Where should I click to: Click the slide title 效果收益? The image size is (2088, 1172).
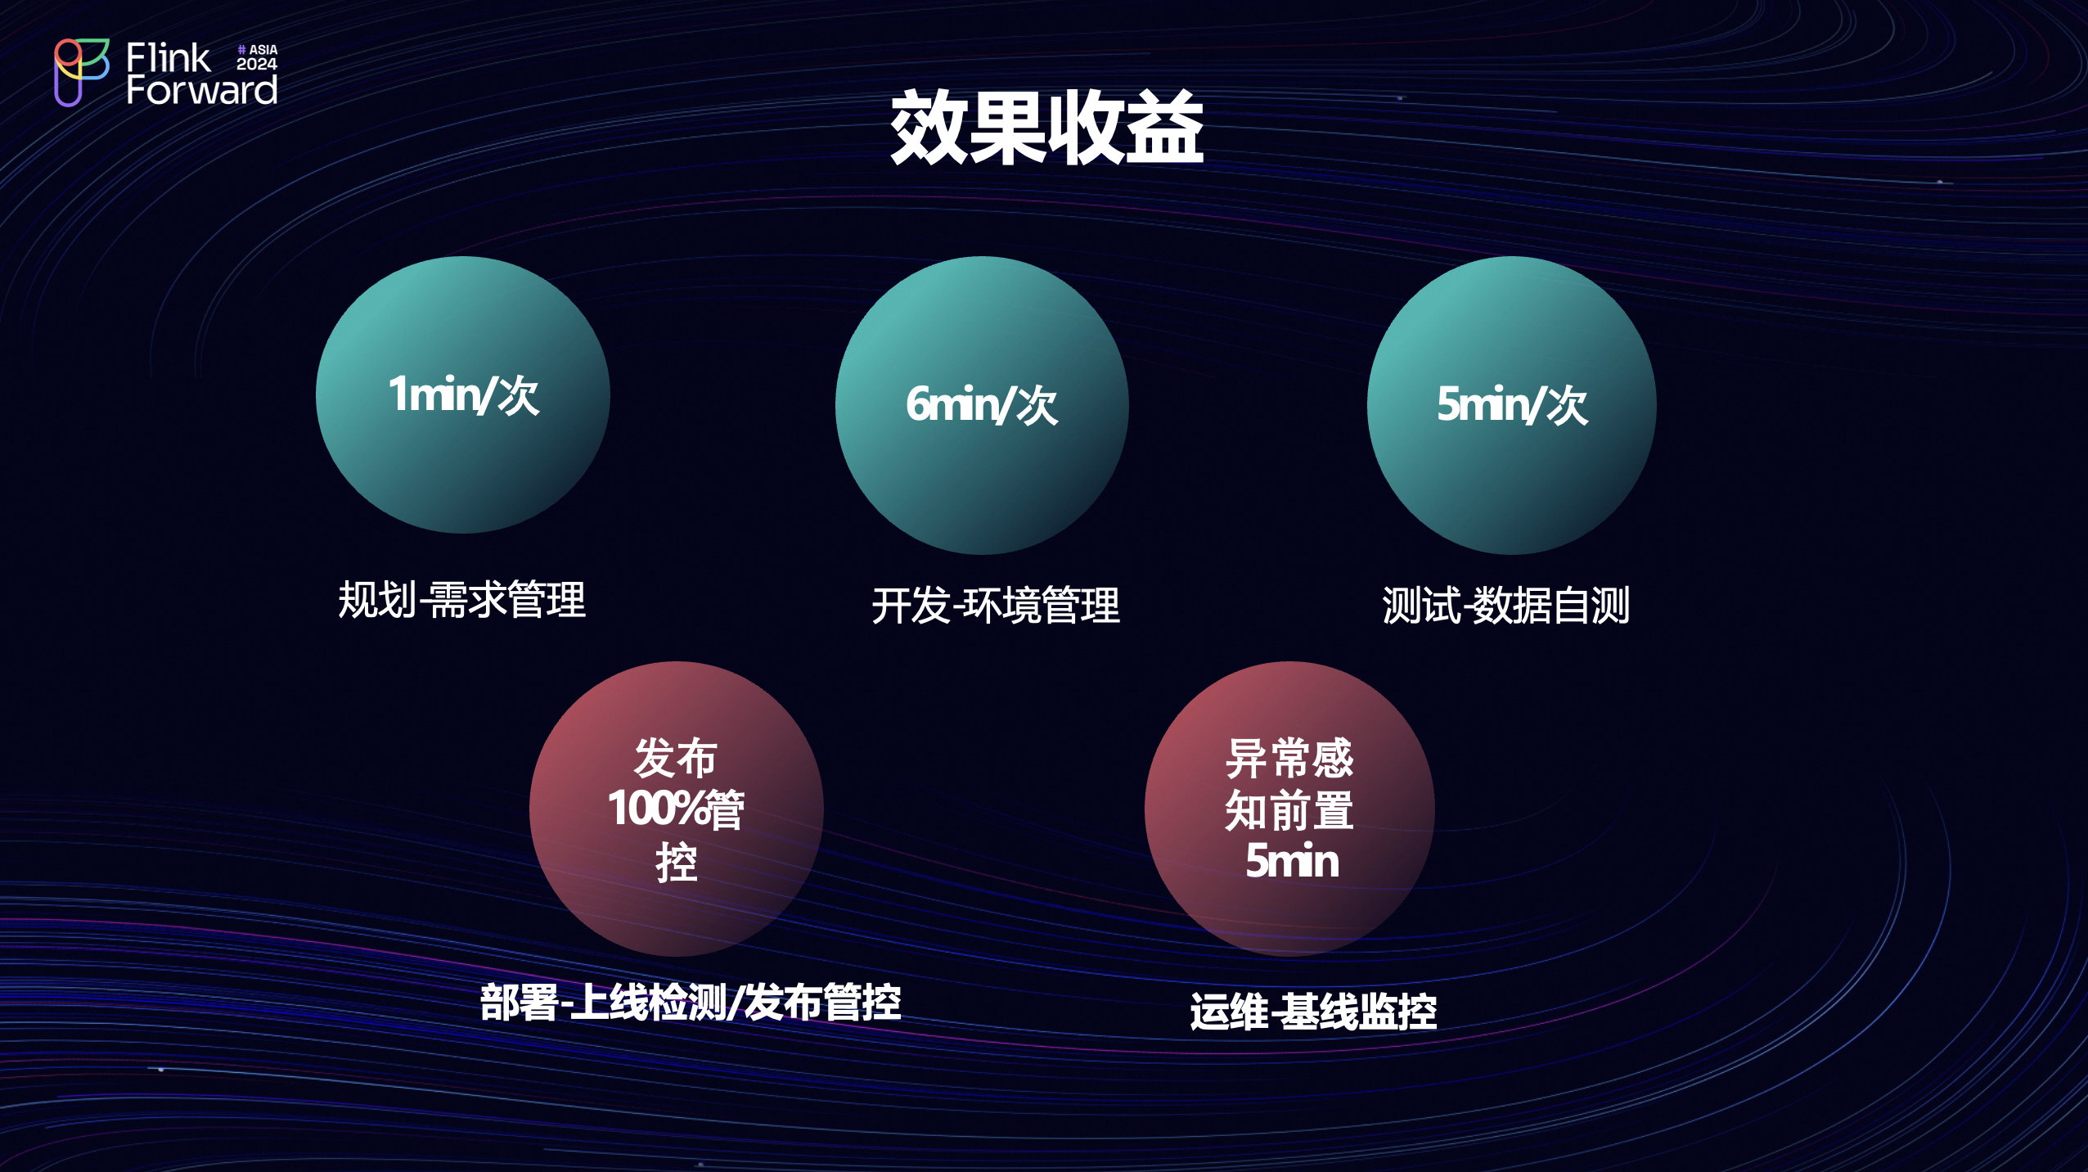pyautogui.click(x=1046, y=128)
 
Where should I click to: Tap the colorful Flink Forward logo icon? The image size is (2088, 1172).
pyautogui.click(x=81, y=72)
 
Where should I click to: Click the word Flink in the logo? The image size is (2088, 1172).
pyautogui.click(x=168, y=58)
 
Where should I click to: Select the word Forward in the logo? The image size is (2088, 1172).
pyautogui.click(x=201, y=89)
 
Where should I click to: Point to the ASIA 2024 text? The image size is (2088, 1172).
pyautogui.click(x=257, y=57)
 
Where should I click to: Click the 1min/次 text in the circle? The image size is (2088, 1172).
pyautogui.click(x=463, y=395)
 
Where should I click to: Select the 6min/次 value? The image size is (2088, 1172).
pyautogui.click(x=982, y=405)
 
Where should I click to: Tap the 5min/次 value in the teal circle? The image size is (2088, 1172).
pyautogui.click(x=1512, y=404)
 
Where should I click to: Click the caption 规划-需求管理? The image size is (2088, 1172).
pyautogui.click(x=462, y=600)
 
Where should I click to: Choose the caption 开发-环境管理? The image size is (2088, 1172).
pyautogui.click(x=996, y=606)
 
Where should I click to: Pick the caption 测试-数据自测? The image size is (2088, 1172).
pyautogui.click(x=1506, y=606)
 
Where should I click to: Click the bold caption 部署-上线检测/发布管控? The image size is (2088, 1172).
pyautogui.click(x=691, y=1002)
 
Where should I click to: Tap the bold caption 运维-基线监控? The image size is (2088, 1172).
pyautogui.click(x=1313, y=1012)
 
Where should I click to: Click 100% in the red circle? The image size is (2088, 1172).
pyautogui.click(x=655, y=809)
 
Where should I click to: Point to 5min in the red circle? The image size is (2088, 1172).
pyautogui.click(x=1292, y=861)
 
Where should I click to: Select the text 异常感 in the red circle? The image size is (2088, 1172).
pyautogui.click(x=1289, y=758)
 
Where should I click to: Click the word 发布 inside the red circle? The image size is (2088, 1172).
pyautogui.click(x=676, y=757)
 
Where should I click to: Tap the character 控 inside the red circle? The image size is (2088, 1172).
pyautogui.click(x=677, y=863)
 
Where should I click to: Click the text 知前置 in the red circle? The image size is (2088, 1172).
pyautogui.click(x=1289, y=810)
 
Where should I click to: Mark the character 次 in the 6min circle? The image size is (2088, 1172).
pyautogui.click(x=1037, y=406)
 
